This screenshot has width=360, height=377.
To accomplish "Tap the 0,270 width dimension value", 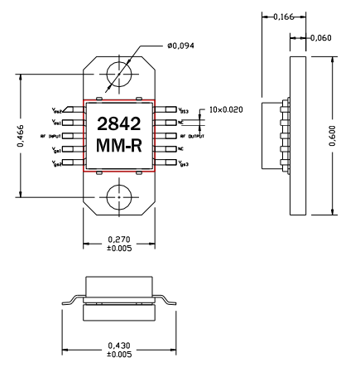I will (119, 239).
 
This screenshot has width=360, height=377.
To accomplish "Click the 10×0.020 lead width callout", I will (226, 109).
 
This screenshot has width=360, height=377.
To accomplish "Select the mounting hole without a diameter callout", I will (119, 198).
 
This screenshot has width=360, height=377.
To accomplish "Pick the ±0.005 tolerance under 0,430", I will (119, 354).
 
